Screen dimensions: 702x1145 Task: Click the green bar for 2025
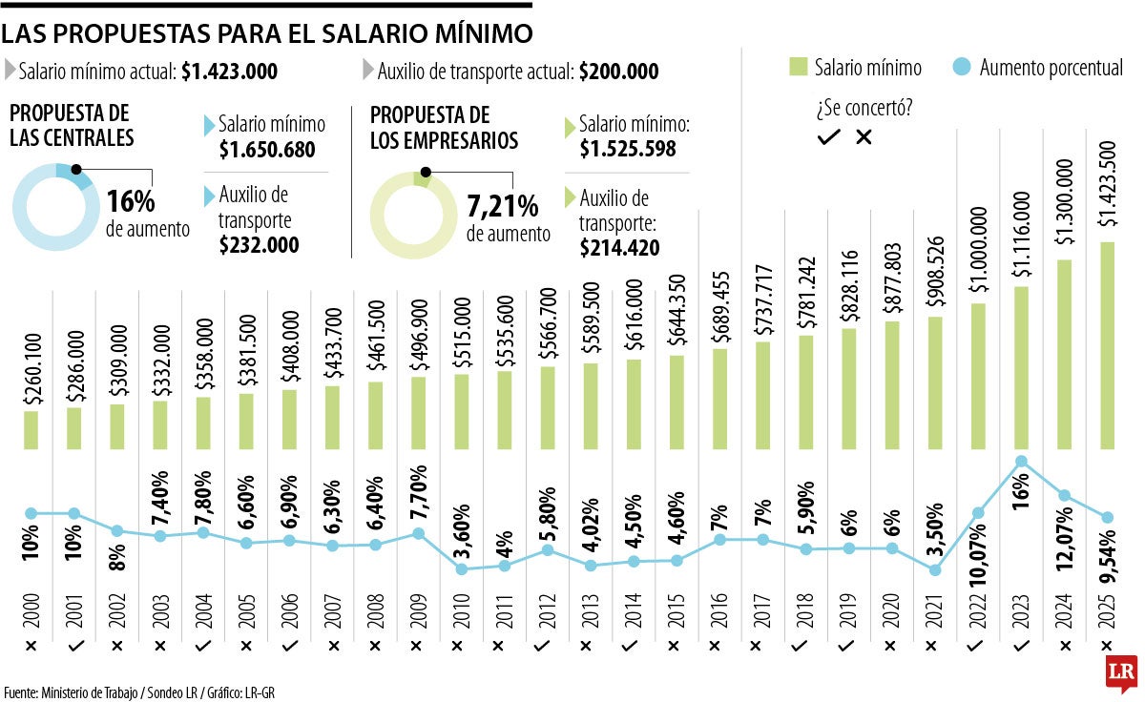[x=1107, y=344]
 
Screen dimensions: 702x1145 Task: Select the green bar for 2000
[x=31, y=429]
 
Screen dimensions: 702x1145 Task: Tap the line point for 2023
[x=1021, y=462]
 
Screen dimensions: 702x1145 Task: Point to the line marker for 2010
[x=462, y=569]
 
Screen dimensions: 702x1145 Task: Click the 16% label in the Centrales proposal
[x=131, y=202]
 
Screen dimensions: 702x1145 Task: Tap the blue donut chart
[x=53, y=207]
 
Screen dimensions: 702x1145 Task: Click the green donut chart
[x=412, y=216]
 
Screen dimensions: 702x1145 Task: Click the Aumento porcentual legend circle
[x=962, y=67]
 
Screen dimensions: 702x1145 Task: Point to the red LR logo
[x=1120, y=673]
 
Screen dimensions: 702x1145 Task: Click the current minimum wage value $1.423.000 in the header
[x=229, y=71]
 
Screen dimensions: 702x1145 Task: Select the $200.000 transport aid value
[x=618, y=71]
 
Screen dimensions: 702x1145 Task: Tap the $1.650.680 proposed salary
[x=266, y=150]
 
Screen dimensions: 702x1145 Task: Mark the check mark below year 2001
[x=74, y=646]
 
